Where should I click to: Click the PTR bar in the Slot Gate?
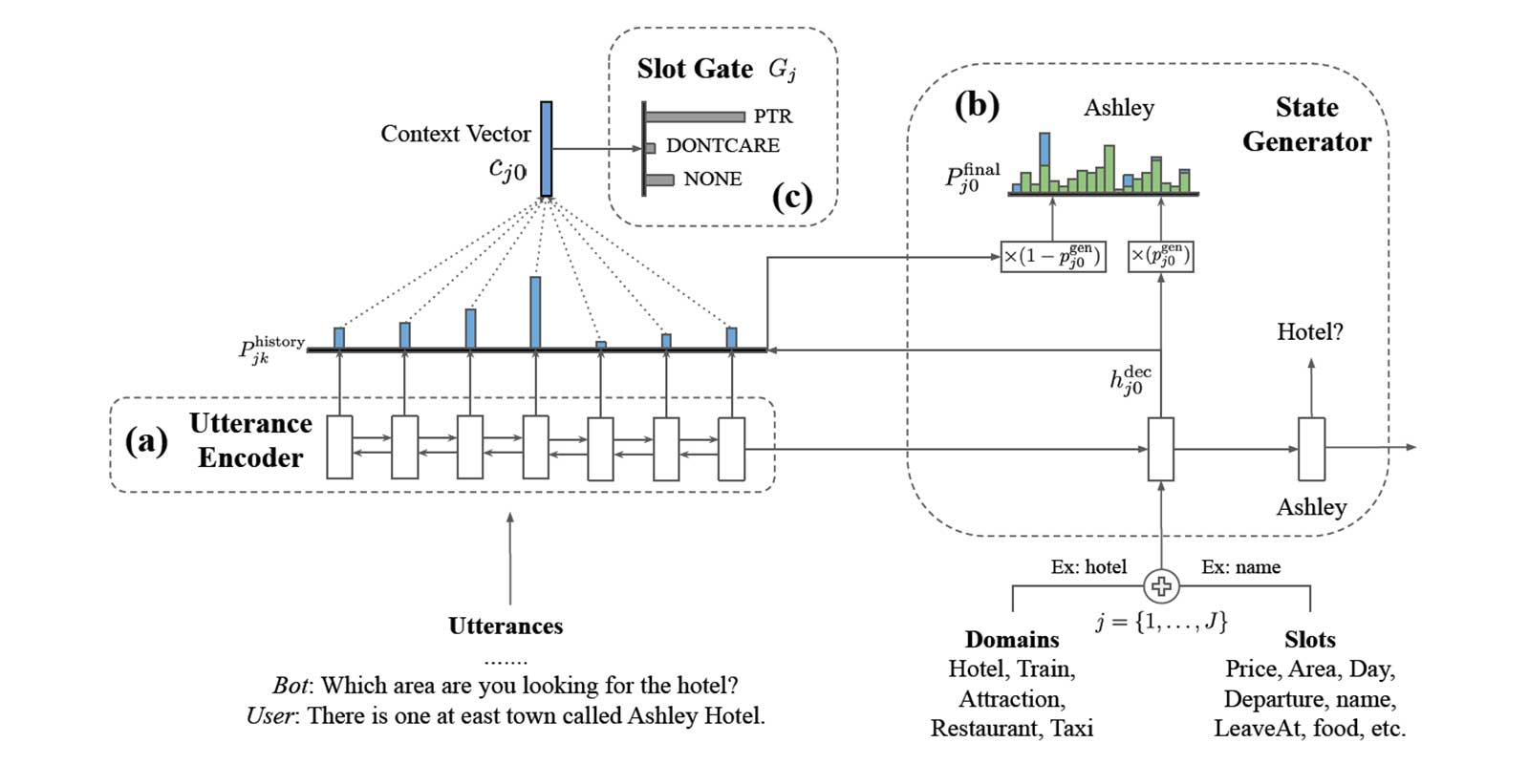click(695, 117)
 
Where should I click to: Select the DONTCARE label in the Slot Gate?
click(722, 146)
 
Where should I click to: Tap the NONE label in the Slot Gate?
click(712, 179)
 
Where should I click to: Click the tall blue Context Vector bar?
click(546, 149)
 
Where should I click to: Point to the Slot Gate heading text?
click(695, 69)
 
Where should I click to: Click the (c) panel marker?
click(791, 197)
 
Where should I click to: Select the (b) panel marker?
click(977, 104)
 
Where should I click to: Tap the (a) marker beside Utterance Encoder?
click(146, 440)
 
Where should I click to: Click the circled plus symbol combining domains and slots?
click(1161, 586)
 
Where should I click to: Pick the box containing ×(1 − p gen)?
click(1052, 257)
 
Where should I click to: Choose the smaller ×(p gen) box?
click(1160, 257)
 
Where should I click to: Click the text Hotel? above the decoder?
click(1309, 332)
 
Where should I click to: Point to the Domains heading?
click(1012, 639)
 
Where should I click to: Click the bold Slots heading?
click(1309, 639)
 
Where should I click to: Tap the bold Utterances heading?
click(506, 626)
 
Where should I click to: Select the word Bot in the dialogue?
click(291, 686)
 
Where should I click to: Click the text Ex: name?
click(1240, 567)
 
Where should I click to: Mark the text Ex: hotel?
click(1088, 567)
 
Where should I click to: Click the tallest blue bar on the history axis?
click(535, 312)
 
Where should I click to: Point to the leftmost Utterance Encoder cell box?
click(339, 447)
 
